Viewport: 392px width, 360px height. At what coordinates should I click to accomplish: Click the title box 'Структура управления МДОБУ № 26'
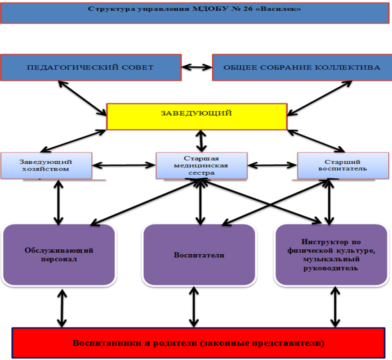[195, 13]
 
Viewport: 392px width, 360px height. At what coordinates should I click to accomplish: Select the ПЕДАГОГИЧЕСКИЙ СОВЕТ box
[90, 67]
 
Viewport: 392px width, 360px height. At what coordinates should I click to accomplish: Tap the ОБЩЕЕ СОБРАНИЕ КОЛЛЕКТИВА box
[301, 67]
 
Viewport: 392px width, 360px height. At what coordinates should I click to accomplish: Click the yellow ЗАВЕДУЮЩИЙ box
[196, 116]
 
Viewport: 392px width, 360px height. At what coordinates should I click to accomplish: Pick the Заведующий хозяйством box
[46, 166]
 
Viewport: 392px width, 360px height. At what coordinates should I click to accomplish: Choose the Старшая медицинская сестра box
[201, 165]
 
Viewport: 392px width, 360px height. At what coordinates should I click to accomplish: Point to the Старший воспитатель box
[343, 165]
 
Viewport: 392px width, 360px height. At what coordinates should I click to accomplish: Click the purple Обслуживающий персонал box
[59, 255]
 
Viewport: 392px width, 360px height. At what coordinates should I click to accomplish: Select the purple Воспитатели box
[199, 255]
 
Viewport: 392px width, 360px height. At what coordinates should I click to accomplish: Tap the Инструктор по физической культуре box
[331, 255]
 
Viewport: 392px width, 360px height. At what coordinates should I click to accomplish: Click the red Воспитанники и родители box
[198, 343]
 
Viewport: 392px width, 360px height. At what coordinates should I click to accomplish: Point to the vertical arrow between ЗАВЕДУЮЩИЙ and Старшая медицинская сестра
[201, 140]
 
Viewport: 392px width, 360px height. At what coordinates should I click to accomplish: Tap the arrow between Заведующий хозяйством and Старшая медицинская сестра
[124, 165]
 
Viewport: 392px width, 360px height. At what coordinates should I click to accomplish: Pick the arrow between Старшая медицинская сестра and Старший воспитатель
[272, 165]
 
